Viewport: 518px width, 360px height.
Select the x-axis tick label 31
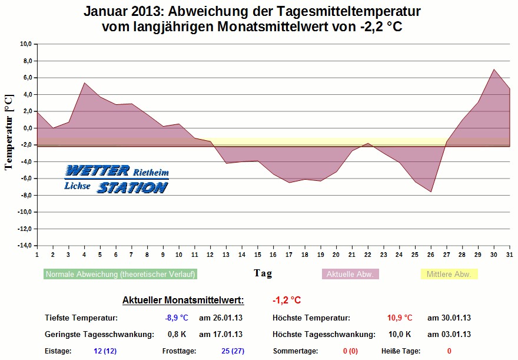pos(509,254)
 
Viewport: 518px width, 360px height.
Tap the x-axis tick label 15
pos(257,254)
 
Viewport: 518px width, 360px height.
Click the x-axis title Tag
pos(263,273)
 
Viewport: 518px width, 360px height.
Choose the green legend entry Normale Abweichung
pos(121,274)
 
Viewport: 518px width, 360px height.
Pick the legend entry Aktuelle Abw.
pos(350,274)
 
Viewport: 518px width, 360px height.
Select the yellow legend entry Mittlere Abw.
pos(449,274)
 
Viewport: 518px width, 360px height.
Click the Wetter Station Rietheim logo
pos(117,179)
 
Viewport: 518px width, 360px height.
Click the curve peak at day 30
pos(494,70)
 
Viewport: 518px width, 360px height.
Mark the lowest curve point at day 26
pos(431,192)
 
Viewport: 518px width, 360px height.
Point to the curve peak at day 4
pos(84,82)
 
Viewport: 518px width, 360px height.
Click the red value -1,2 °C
pos(287,300)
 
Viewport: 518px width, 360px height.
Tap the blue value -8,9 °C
pos(177,318)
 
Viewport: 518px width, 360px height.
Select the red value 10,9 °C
pos(400,318)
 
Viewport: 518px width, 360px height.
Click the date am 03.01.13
pos(449,335)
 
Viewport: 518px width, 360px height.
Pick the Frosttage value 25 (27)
pos(233,351)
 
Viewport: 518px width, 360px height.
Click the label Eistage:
pos(58,351)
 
